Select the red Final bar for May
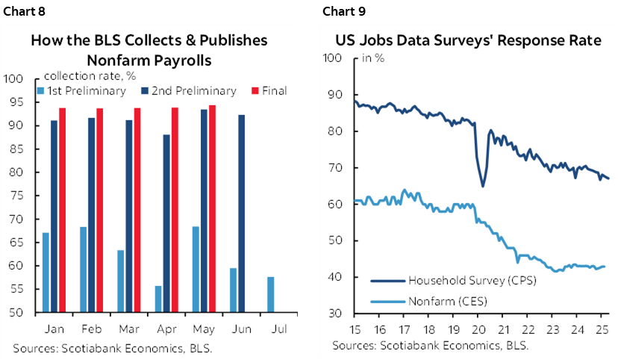click(212, 208)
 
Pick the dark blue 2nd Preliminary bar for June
click(241, 213)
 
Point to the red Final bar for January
click(62, 210)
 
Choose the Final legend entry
click(273, 91)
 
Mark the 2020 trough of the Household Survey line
click(483, 185)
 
